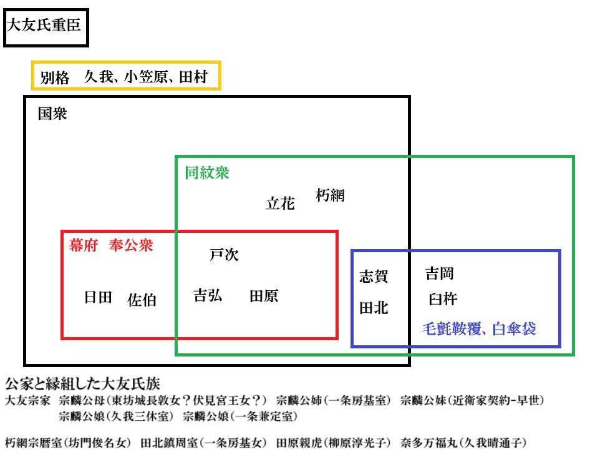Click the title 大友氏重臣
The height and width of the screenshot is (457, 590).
44,25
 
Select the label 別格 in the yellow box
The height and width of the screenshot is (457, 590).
55,77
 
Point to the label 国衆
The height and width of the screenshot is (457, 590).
52,114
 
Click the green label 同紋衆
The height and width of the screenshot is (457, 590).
207,172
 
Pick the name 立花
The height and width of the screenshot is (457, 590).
280,203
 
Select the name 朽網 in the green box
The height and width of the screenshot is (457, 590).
330,195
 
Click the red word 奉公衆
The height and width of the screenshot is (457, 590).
131,245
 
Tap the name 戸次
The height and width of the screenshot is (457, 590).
225,255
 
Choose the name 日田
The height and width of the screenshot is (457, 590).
98,297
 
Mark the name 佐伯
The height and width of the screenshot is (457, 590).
142,300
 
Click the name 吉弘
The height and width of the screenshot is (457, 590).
208,295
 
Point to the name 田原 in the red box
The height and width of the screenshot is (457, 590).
264,296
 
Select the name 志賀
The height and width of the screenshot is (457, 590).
374,276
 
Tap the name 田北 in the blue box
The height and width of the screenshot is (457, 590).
374,308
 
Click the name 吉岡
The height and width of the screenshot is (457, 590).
440,273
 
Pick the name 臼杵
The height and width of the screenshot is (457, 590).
443,299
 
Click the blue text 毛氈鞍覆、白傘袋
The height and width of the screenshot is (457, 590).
479,329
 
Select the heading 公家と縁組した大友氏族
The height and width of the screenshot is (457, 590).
82,384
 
